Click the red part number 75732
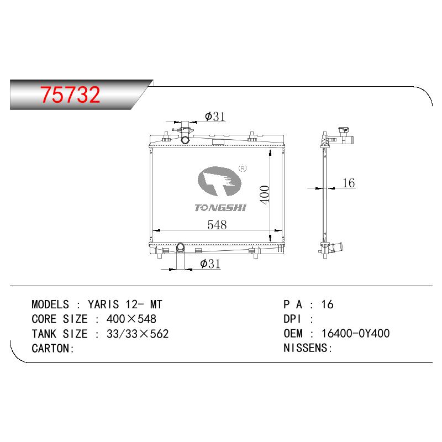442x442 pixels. click(x=70, y=94)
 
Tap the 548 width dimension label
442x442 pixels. click(x=217, y=225)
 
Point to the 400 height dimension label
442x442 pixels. click(x=265, y=194)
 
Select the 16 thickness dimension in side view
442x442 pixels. click(x=349, y=183)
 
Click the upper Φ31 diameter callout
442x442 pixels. click(x=215, y=117)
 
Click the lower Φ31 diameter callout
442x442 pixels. click(x=210, y=264)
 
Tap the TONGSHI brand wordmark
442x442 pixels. click(x=220, y=208)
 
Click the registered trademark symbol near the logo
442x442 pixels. click(x=243, y=169)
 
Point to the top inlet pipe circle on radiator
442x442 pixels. click(x=185, y=140)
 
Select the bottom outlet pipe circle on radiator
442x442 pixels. click(x=180, y=248)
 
